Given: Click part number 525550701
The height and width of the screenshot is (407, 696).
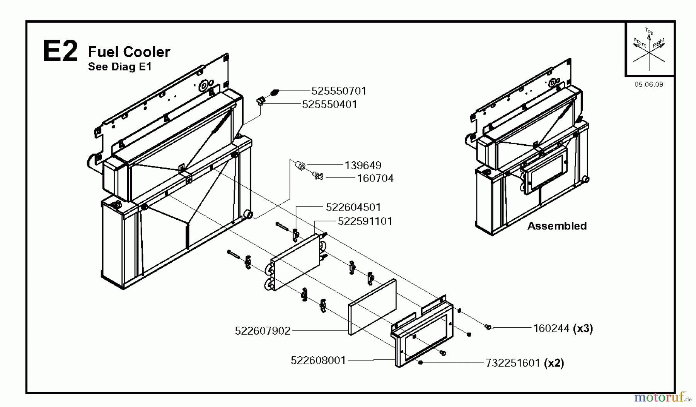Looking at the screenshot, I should (x=339, y=91).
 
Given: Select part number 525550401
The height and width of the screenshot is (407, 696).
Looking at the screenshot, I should (x=329, y=104).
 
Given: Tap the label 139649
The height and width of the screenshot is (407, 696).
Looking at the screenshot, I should (x=363, y=165).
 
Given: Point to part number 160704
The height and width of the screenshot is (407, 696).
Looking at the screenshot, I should (x=375, y=178).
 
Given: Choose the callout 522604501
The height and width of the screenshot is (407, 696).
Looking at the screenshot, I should (x=353, y=207).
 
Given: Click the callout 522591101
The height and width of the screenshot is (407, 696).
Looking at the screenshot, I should (x=365, y=221).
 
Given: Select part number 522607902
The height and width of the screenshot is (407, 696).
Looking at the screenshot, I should (x=263, y=331).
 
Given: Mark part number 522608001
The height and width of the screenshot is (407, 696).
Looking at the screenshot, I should (x=318, y=361).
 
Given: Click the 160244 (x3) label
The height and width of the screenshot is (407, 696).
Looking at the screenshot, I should (x=563, y=328).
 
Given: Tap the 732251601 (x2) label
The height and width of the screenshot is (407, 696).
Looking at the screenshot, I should (x=524, y=363).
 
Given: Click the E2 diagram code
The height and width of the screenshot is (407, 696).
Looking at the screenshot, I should (x=60, y=51).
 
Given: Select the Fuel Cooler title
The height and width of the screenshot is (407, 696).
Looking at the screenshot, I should (x=129, y=52).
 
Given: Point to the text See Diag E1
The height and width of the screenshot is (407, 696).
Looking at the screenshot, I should (x=119, y=67).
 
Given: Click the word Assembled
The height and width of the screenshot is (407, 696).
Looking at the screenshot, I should (x=557, y=226).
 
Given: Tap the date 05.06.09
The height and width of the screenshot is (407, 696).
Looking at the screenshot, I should (x=648, y=84).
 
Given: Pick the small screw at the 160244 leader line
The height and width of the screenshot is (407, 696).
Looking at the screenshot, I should (x=488, y=328).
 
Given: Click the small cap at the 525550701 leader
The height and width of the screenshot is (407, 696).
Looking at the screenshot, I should (x=274, y=92).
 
